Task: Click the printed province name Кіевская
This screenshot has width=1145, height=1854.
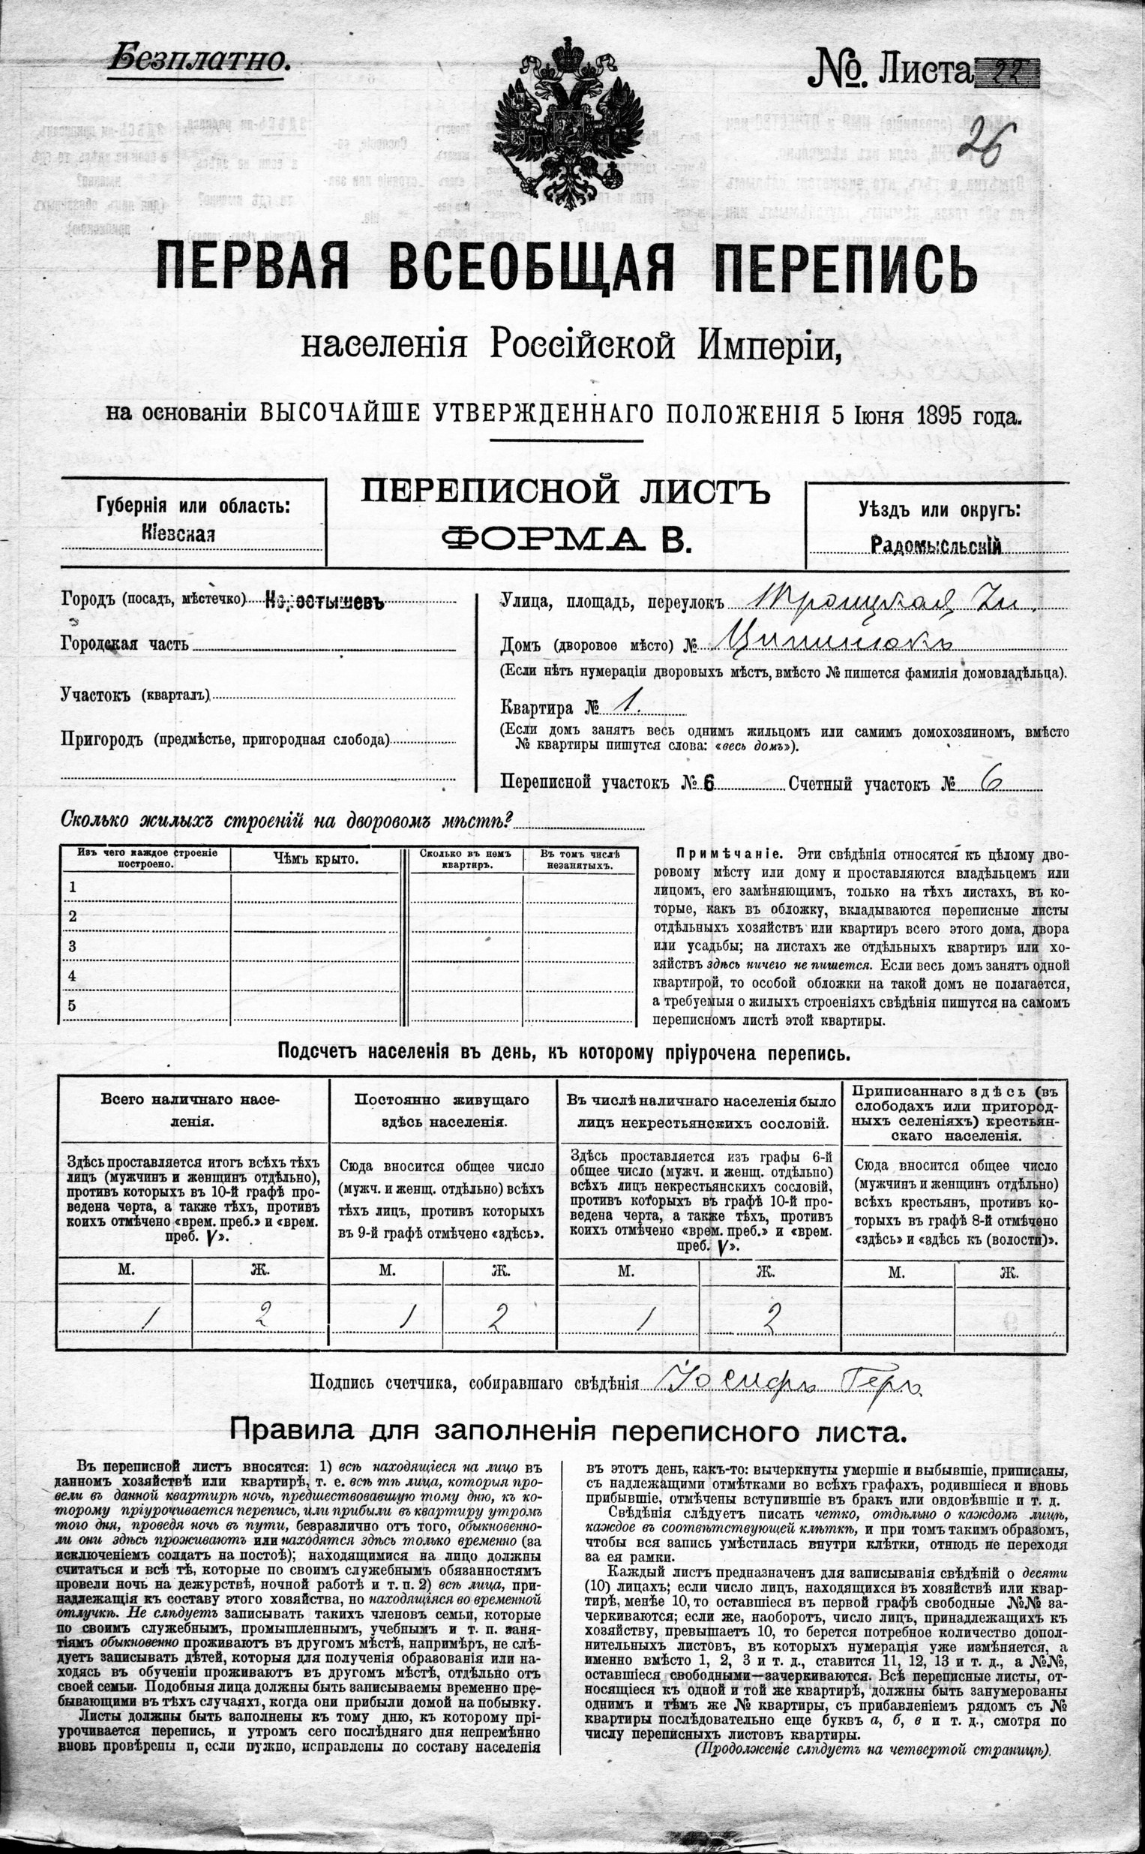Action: click(x=178, y=533)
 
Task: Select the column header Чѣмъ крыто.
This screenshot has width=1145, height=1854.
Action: click(x=315, y=859)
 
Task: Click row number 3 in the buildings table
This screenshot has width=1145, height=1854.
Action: click(x=73, y=945)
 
